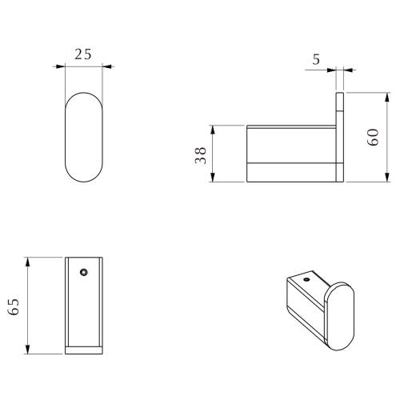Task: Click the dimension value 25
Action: pos(82,55)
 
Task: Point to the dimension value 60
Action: pos(374,137)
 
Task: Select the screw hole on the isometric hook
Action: pos(306,281)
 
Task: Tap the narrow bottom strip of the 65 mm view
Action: pos(82,350)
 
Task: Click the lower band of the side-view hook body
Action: pos(292,172)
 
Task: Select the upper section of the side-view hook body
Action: pos(292,144)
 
